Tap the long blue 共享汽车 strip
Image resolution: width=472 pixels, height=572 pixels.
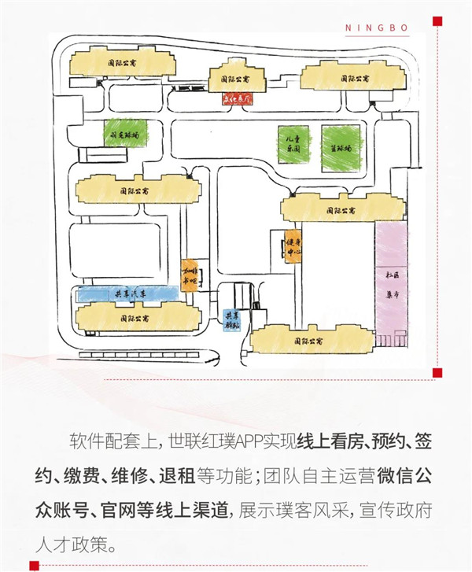[x=127, y=294]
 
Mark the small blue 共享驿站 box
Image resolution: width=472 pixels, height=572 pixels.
[x=232, y=319]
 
